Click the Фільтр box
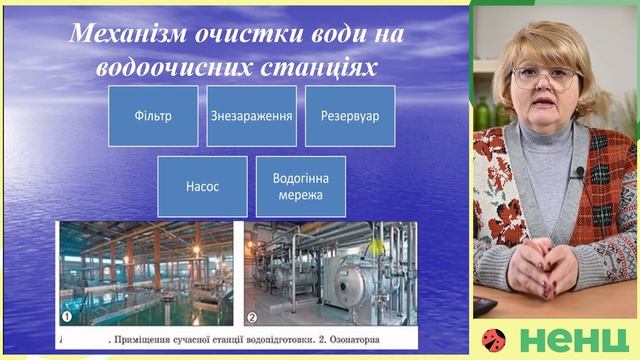tap(152, 116)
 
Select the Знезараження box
tap(251, 116)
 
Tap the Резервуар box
tap(349, 116)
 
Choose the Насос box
tap(202, 186)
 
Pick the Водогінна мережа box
tap(300, 186)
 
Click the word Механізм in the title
tap(129, 35)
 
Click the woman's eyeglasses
tap(544, 77)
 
